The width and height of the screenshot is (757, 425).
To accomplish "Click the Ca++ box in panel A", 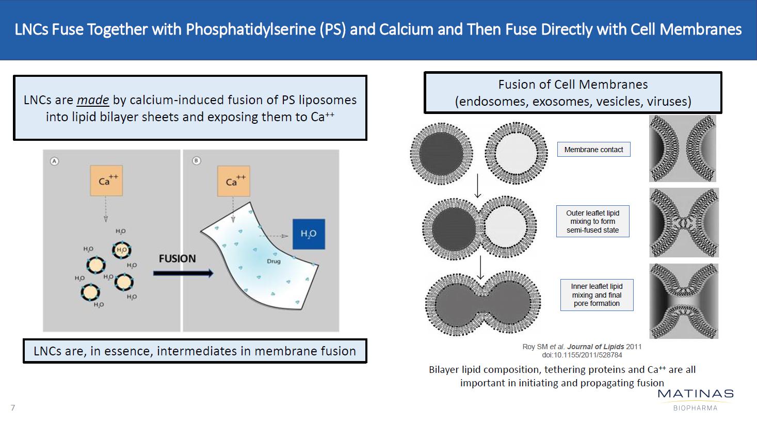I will [106, 181].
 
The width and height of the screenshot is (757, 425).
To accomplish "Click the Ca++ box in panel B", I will [233, 181].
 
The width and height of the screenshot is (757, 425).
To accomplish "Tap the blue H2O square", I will [309, 234].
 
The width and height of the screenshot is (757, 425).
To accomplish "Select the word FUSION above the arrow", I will [177, 258].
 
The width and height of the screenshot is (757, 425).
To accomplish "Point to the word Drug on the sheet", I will [273, 261].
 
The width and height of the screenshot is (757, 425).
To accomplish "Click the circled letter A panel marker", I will [54, 161].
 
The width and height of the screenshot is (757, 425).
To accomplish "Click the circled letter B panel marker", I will [196, 161].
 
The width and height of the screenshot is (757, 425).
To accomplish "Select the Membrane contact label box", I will [593, 150].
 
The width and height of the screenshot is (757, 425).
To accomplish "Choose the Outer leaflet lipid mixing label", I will [592, 221].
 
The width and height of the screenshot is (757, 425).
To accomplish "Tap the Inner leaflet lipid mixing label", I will [597, 295].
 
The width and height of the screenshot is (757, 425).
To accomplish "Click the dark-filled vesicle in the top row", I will [442, 154].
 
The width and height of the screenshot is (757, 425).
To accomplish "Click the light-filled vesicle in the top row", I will [516, 154].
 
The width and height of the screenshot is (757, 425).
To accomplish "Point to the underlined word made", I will [93, 100].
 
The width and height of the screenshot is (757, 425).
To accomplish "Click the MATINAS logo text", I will [695, 394].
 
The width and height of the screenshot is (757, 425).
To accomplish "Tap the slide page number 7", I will [13, 408].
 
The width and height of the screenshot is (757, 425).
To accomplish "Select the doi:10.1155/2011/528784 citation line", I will [582, 355].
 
